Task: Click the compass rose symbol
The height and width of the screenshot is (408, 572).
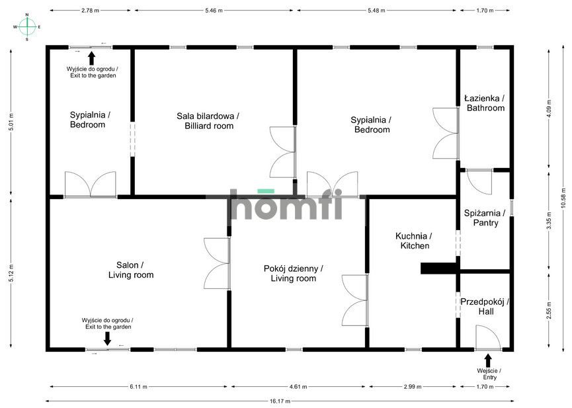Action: click(27, 27)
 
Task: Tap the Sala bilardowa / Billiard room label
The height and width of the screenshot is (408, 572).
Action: click(208, 121)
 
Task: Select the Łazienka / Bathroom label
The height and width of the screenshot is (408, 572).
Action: click(485, 103)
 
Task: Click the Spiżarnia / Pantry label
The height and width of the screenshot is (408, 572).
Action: click(485, 218)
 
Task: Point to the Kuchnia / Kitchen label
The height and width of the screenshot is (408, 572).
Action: click(415, 241)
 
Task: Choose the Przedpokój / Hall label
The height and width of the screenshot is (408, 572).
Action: click(485, 307)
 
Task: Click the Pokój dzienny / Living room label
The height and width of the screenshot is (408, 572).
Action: click(294, 274)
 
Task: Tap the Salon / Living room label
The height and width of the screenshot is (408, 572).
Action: click(130, 270)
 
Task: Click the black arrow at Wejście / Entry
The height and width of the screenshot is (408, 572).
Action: click(488, 361)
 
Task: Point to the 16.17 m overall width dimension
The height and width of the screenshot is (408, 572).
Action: click(280, 401)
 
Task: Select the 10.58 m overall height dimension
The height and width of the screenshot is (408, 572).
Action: click(564, 200)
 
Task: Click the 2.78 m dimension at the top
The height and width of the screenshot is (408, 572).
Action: click(90, 11)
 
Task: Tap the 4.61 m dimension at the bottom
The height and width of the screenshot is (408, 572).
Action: click(298, 387)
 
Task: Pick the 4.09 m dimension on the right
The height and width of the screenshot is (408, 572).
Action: click(549, 108)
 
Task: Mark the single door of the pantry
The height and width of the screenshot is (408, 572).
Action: click(479, 182)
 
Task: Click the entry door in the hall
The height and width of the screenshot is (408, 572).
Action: click(488, 338)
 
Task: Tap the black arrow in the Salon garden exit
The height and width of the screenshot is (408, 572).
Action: click(107, 339)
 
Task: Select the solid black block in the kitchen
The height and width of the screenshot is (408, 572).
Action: click(439, 268)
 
